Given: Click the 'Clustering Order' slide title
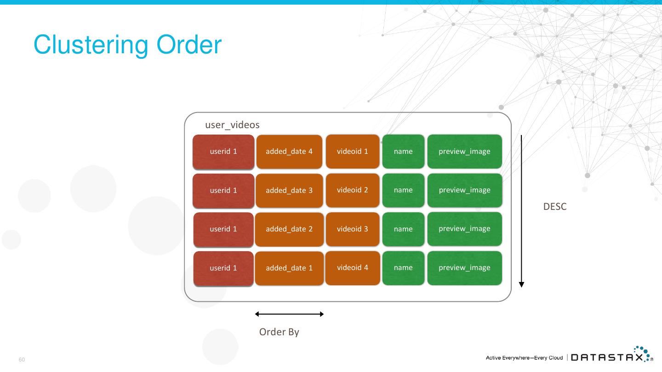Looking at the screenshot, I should pyautogui.click(x=127, y=45).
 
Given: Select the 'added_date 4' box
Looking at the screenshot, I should pyautogui.click(x=289, y=152).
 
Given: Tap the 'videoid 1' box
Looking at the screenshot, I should pyautogui.click(x=353, y=151).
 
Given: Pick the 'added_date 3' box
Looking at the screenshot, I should pyautogui.click(x=289, y=190).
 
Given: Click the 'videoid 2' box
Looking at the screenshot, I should pyautogui.click(x=353, y=190).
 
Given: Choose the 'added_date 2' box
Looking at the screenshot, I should pyautogui.click(x=289, y=229).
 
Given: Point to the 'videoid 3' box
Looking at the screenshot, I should pyautogui.click(x=353, y=229).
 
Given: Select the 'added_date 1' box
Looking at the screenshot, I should pyautogui.click(x=289, y=268).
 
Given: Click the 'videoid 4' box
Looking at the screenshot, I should pyautogui.click(x=353, y=268).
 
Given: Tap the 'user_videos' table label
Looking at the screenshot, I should pyautogui.click(x=232, y=125).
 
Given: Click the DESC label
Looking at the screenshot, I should pyautogui.click(x=555, y=207).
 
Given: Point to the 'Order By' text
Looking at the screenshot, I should pyautogui.click(x=279, y=332).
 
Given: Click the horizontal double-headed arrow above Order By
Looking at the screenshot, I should pyautogui.click(x=290, y=314).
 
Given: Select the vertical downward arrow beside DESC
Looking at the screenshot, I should pyautogui.click(x=521, y=211).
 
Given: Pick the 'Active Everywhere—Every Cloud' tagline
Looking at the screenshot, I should pyautogui.click(x=524, y=358).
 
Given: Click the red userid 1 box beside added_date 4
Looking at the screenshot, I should pyautogui.click(x=223, y=152).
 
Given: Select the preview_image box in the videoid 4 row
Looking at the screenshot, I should pyautogui.click(x=464, y=268).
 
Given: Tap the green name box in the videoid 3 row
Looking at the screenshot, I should pyautogui.click(x=403, y=229).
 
